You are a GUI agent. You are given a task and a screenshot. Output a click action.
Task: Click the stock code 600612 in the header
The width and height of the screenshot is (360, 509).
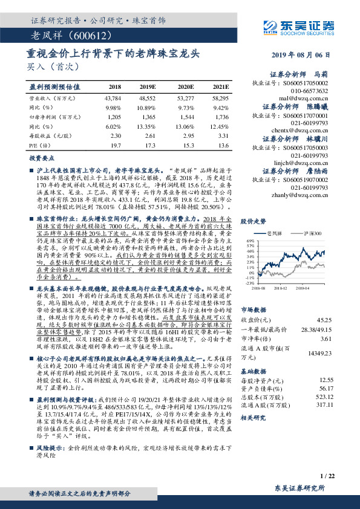click(x=88, y=36)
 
